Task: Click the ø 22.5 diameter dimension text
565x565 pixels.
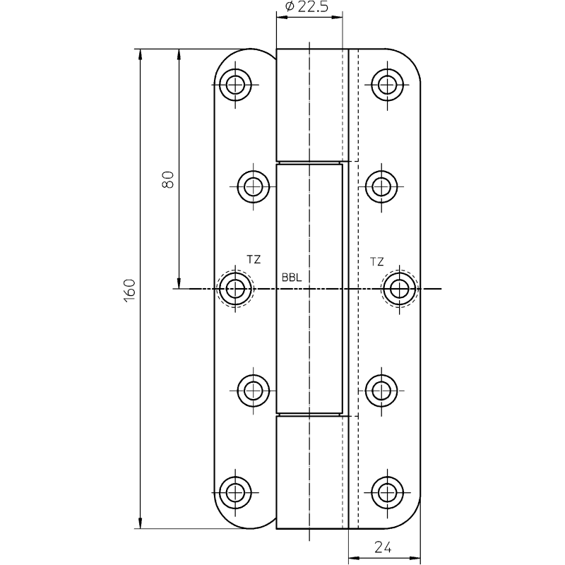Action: click(x=307, y=6)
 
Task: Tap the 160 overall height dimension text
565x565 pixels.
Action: click(x=129, y=290)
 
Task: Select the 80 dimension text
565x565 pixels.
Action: click(x=168, y=179)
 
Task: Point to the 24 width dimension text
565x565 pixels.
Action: click(x=383, y=548)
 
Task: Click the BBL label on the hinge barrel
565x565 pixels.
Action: click(x=292, y=278)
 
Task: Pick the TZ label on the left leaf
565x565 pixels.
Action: click(x=254, y=259)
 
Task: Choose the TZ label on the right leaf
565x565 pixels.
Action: click(x=377, y=261)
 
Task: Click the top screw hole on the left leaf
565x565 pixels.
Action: click(x=235, y=85)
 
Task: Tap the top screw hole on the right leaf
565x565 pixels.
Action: click(x=387, y=85)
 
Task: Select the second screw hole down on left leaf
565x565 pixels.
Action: click(x=254, y=186)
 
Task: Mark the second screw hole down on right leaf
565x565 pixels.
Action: click(x=381, y=186)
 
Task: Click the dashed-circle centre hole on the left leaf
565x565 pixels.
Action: click(x=235, y=289)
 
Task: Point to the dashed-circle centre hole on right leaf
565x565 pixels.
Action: click(x=399, y=289)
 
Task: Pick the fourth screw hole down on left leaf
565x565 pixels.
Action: click(x=254, y=391)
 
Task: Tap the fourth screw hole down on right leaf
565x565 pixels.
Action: click(x=381, y=391)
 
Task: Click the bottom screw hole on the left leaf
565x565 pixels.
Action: click(x=235, y=492)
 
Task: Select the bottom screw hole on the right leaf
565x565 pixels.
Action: click(x=387, y=492)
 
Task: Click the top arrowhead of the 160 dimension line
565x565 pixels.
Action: click(x=140, y=54)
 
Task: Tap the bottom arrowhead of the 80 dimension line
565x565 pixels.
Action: click(x=179, y=283)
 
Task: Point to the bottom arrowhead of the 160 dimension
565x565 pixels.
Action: click(x=140, y=523)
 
